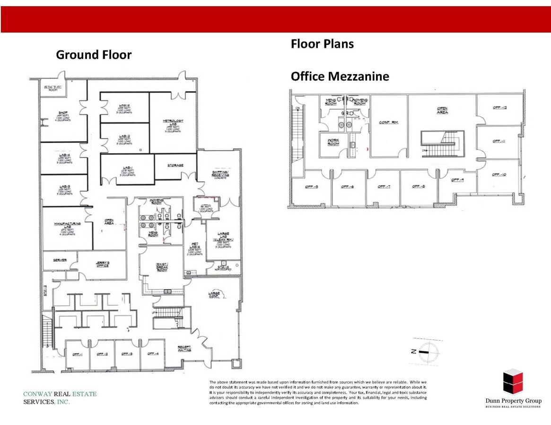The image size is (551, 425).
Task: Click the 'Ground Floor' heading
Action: [94, 55]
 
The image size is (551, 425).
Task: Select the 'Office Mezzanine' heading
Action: [340, 76]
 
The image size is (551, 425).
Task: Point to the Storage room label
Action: [175, 165]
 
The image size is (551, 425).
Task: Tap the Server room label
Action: [59, 260]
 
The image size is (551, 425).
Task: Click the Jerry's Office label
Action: [102, 264]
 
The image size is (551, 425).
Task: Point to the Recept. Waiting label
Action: [184, 348]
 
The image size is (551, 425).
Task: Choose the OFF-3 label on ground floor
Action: [126, 354]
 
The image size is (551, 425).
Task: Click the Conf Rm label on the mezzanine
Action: [388, 122]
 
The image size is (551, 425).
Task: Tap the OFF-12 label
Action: [499, 108]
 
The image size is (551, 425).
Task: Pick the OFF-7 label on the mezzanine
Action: [383, 187]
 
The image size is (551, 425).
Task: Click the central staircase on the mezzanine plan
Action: [443, 144]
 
